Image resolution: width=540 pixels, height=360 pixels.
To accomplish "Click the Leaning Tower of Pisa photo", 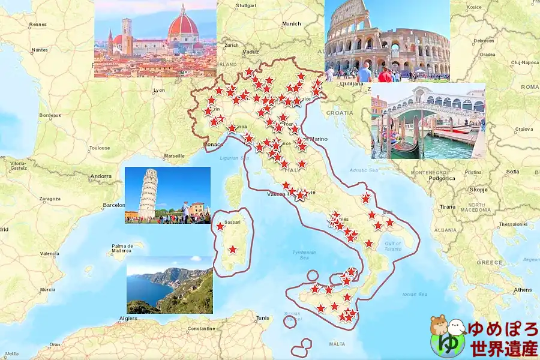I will click(x=167, y=195).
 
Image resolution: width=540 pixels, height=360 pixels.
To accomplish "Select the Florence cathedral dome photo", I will click(x=155, y=39).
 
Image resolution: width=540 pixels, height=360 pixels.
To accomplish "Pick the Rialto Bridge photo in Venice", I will click(x=428, y=121).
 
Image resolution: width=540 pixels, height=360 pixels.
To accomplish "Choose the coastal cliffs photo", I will click(x=169, y=285).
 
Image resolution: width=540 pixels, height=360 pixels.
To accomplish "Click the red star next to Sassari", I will click(x=220, y=226).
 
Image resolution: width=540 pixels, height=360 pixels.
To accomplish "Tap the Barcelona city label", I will click(x=113, y=205).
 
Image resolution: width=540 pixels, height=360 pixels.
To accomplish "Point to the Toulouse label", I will click(x=99, y=148).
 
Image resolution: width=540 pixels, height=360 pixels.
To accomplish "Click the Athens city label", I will click(x=523, y=290).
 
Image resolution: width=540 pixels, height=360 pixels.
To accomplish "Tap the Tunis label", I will click(x=263, y=317).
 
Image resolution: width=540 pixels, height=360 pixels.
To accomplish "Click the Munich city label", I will click(x=292, y=24).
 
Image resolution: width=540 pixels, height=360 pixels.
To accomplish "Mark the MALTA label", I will click(x=337, y=344).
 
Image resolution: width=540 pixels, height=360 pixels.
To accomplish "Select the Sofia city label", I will click(x=512, y=172).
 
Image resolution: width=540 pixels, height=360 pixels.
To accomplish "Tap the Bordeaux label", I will click(x=50, y=115).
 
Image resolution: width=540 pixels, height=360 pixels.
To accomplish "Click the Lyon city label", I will click(x=158, y=90).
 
